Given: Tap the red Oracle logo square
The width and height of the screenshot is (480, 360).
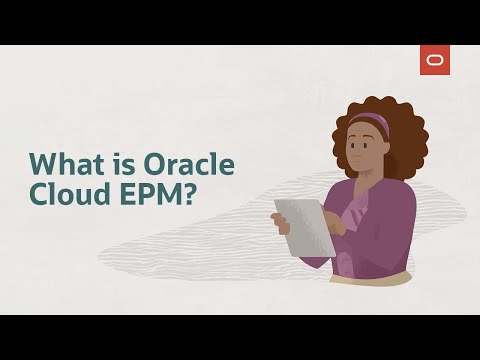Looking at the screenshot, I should pos(435,60).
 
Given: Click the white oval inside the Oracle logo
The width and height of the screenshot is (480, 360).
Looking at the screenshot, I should pos(435,60).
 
